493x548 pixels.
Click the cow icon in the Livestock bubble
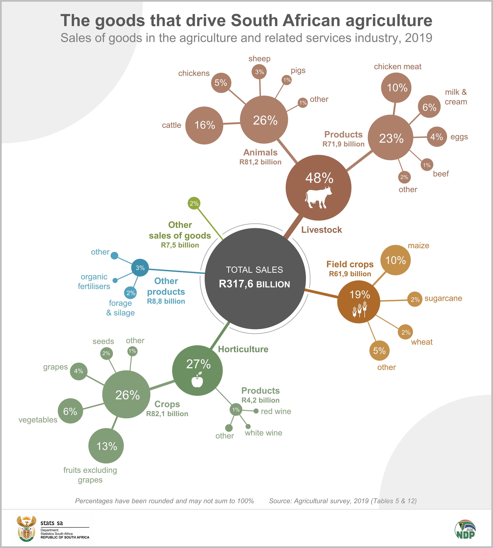(x=318, y=197)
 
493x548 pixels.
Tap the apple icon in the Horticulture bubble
(x=197, y=380)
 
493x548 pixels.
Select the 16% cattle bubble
(x=204, y=125)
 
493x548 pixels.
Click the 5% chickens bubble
(x=221, y=83)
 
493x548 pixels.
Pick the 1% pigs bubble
(x=287, y=80)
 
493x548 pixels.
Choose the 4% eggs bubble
(x=437, y=137)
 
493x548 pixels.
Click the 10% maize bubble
(x=396, y=260)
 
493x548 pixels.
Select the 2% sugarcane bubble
(x=415, y=300)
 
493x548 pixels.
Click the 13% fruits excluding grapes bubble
(x=106, y=446)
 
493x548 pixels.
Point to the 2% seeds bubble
(x=106, y=353)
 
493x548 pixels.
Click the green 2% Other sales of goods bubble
(x=194, y=203)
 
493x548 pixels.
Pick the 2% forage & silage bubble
(x=131, y=293)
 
